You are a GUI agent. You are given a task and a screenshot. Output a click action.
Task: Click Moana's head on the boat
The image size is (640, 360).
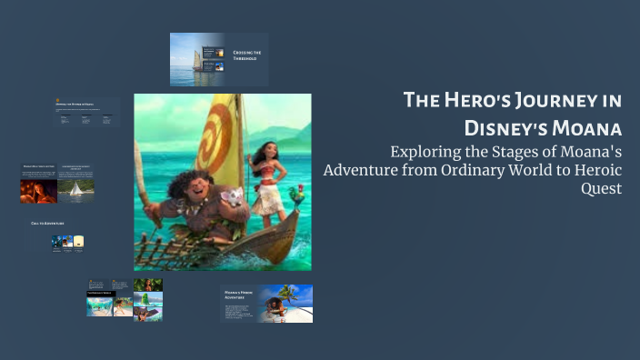point(264,152)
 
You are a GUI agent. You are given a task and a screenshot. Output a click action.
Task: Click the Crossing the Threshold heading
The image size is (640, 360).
point(246,56)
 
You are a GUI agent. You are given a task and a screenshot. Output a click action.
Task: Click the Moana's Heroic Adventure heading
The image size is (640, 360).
point(238,295)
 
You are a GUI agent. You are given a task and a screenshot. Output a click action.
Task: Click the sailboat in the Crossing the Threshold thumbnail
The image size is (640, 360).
point(196,60)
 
